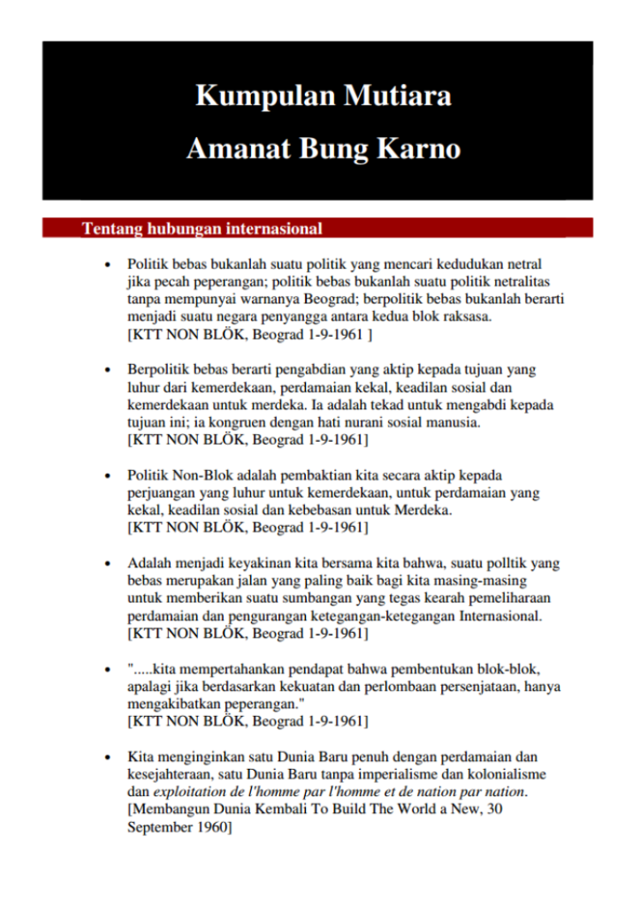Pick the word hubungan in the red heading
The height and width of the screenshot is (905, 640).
[181, 229]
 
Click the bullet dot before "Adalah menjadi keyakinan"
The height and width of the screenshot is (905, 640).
[108, 564]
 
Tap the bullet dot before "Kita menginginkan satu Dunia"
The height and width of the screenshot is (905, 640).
[108, 757]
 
